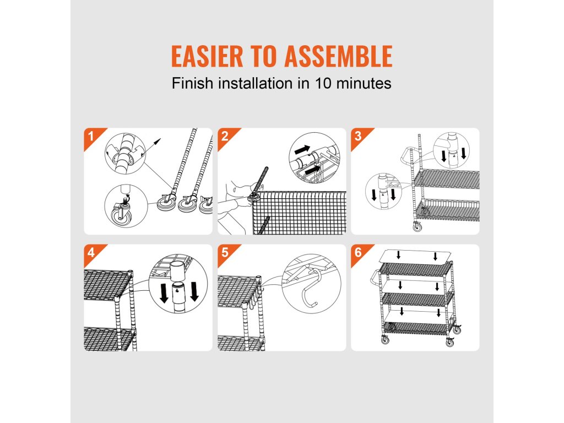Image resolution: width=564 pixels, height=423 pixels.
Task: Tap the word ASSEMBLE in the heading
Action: (x=338, y=56)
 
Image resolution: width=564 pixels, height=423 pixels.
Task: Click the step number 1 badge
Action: (x=91, y=136)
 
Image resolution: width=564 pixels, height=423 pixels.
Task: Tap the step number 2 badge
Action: (x=225, y=136)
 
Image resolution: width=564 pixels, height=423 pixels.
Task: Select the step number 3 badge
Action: (x=358, y=136)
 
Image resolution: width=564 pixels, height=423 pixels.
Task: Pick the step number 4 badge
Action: (x=91, y=252)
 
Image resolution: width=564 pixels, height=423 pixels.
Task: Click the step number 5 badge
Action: (x=225, y=252)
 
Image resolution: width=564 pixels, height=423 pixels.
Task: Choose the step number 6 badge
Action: (x=358, y=252)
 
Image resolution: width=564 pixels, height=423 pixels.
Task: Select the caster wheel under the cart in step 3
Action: (x=417, y=226)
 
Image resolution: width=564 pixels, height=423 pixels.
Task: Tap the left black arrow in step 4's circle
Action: (x=164, y=293)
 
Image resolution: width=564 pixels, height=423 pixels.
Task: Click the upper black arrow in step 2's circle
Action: (x=302, y=149)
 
